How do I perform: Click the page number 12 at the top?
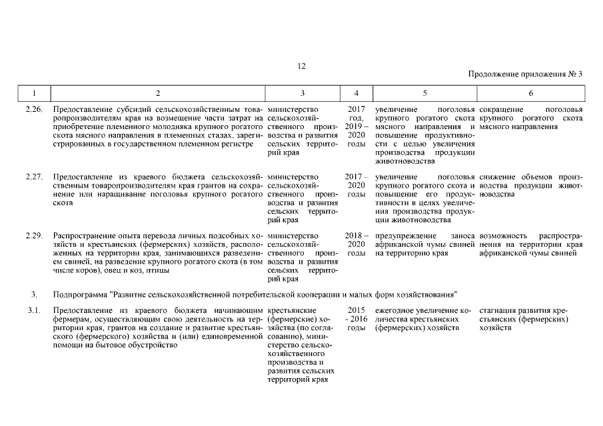(301, 65)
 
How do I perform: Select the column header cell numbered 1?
(33, 93)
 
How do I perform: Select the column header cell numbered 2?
(157, 93)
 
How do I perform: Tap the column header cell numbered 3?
(302, 93)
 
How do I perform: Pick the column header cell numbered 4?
(356, 93)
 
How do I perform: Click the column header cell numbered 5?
(424, 93)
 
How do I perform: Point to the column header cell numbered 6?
(530, 93)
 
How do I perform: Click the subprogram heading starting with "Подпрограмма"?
(253, 294)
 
